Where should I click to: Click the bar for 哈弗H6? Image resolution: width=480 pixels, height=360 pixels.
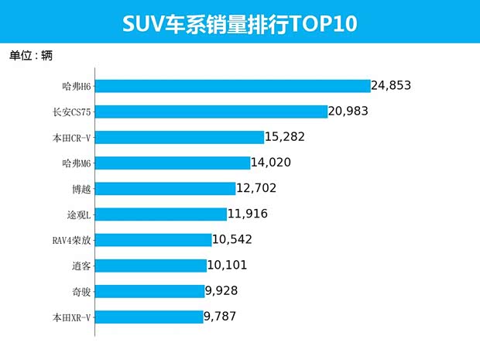pos(232,86)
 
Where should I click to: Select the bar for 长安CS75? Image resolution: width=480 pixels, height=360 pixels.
pos(211,111)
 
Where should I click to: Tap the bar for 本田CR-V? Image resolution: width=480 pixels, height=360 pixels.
pos(180,137)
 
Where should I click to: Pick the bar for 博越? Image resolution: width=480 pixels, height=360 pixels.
pos(165,188)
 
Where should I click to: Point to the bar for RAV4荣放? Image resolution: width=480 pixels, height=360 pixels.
pos(153,239)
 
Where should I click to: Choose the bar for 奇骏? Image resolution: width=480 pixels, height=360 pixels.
pos(149,290)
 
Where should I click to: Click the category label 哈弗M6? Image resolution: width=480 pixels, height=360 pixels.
pos(76,163)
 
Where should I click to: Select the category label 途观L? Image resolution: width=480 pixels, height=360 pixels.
pos(78,214)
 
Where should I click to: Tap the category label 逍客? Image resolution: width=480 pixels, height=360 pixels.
pos(81,265)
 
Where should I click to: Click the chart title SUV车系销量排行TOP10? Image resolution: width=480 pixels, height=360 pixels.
pos(240,23)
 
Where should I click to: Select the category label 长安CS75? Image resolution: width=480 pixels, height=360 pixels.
pos(72,111)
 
